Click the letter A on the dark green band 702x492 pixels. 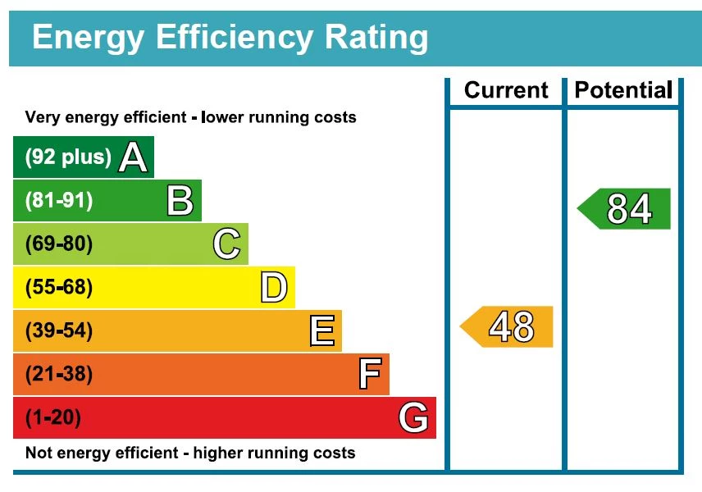pyautogui.click(x=133, y=157)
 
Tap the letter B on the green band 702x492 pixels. pyautogui.click(x=180, y=201)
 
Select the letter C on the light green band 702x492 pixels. pyautogui.click(x=226, y=244)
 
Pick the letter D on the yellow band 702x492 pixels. pyautogui.click(x=274, y=288)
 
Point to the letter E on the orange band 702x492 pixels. pyautogui.click(x=321, y=331)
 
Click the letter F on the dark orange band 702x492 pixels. pyautogui.click(x=370, y=375)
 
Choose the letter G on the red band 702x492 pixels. pyautogui.click(x=413, y=418)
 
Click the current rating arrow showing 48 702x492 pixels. pyautogui.click(x=508, y=327)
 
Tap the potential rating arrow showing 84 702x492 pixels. pyautogui.click(x=626, y=209)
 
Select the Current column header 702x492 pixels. pyautogui.click(x=506, y=90)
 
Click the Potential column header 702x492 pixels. pyautogui.click(x=623, y=90)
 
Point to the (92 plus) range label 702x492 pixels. pyautogui.click(x=68, y=157)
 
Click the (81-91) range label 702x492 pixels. pyautogui.click(x=59, y=201)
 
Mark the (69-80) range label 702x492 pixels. pyautogui.click(x=59, y=244)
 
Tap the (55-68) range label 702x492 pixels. pyautogui.click(x=59, y=288)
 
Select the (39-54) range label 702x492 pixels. pyautogui.click(x=59, y=331)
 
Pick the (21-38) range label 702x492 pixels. pyautogui.click(x=59, y=375)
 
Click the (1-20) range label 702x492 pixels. pyautogui.click(x=53, y=418)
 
